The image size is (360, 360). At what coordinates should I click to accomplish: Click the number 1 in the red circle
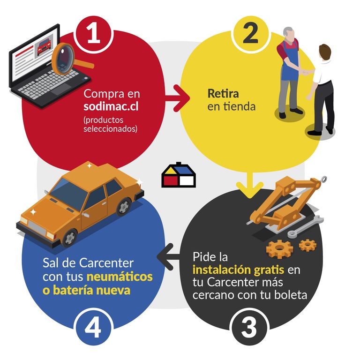pyautogui.click(x=94, y=34)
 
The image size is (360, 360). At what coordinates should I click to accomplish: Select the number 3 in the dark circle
pyautogui.click(x=249, y=328)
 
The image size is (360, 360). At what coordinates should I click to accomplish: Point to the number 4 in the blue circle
pyautogui.click(x=93, y=328)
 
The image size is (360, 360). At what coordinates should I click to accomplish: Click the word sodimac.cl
pyautogui.click(x=111, y=106)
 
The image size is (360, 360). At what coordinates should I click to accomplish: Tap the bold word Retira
pyautogui.click(x=223, y=93)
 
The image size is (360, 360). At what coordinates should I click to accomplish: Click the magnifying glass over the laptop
pyautogui.click(x=69, y=60)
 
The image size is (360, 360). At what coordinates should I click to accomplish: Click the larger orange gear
pyautogui.click(x=279, y=249)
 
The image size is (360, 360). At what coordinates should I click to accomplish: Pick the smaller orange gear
pyautogui.click(x=307, y=245)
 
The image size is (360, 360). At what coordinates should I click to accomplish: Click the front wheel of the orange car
pyautogui.click(x=70, y=238)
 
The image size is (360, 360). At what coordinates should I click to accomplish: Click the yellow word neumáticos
pyautogui.click(x=120, y=277)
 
